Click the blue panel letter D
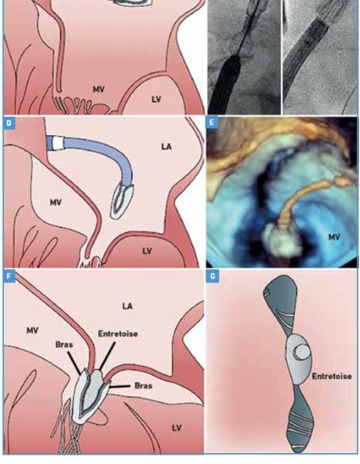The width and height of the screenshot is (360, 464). (8, 123)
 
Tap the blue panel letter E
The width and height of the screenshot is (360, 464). (211, 122)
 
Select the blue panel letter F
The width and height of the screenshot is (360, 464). (8, 276)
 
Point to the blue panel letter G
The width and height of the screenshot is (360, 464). (212, 277)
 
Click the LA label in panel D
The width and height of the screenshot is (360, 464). (166, 146)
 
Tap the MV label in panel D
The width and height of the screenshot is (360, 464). (56, 203)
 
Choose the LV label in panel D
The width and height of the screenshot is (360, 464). (147, 251)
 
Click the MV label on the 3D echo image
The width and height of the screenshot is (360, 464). (334, 237)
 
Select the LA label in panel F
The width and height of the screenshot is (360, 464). (127, 306)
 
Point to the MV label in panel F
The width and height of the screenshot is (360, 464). (32, 330)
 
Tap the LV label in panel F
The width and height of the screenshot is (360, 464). (176, 428)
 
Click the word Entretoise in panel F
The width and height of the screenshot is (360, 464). (118, 334)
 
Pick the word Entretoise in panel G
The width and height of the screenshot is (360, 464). (332, 376)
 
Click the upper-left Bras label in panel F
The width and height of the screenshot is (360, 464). (64, 345)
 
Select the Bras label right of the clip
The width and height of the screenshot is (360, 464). (144, 386)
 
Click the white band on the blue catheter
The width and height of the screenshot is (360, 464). (58, 142)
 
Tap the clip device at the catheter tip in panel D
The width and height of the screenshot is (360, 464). (122, 200)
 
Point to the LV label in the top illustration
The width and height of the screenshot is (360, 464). (156, 100)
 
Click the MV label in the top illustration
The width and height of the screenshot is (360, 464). (99, 90)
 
